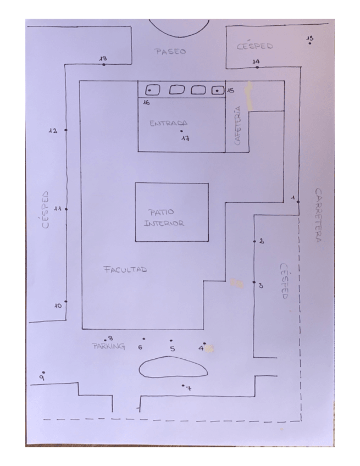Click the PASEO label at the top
[x=170, y=52]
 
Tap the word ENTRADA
[x=168, y=123]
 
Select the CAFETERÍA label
[x=237, y=126]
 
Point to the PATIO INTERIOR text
[x=164, y=218]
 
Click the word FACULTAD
[x=125, y=270]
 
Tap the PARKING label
[x=108, y=346]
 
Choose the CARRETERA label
[x=318, y=215]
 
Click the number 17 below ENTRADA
[x=186, y=138]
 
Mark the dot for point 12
[x=66, y=130]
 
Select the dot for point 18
[x=104, y=64]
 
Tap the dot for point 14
[x=257, y=67]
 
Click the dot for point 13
[x=310, y=43]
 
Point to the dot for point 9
[x=44, y=373]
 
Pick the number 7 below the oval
[x=189, y=388]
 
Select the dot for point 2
[x=254, y=241]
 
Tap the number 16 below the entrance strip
[x=146, y=103]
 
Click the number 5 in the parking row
[x=173, y=348]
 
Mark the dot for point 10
[x=66, y=301]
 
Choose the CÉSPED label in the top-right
[x=255, y=46]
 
